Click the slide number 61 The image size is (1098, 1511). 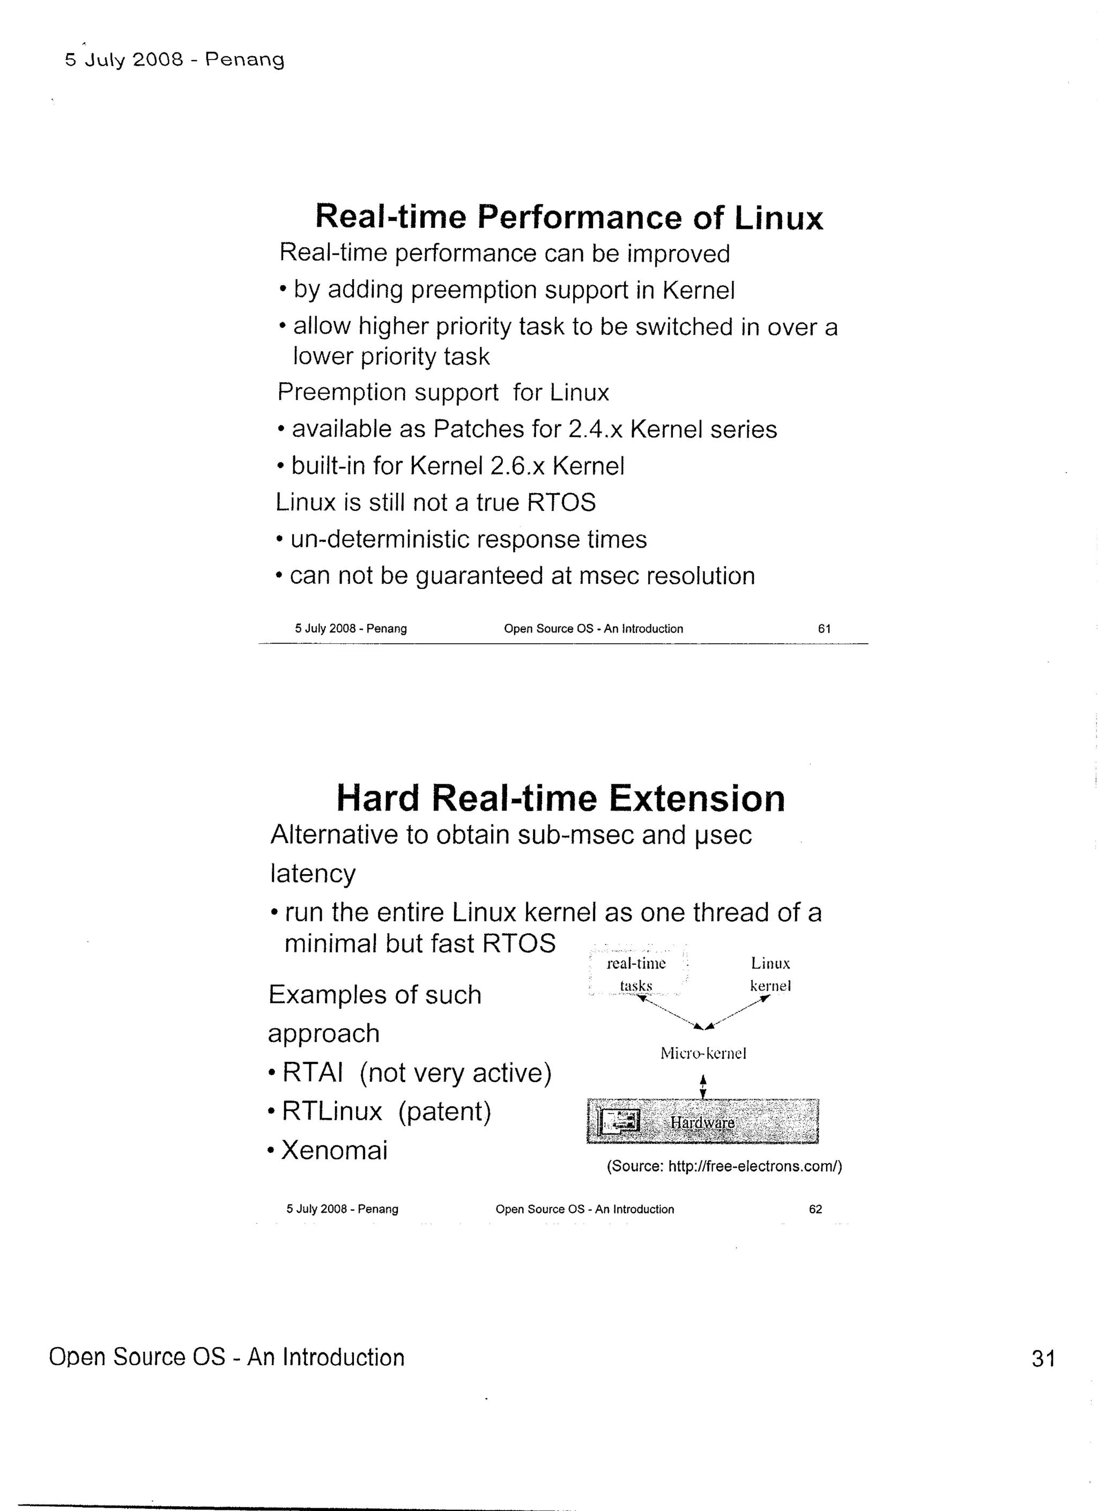coord(824,628)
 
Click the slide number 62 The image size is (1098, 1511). coord(815,1209)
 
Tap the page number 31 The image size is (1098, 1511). coord(1043,1358)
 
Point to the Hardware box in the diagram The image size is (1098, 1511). coord(702,1122)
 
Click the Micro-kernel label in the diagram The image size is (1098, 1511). coord(703,1053)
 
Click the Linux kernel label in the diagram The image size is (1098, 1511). coord(770,974)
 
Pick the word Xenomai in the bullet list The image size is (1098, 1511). coord(334,1151)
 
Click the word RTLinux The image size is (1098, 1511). coord(332,1111)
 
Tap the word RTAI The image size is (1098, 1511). coord(313,1073)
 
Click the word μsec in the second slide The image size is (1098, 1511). coord(723,836)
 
